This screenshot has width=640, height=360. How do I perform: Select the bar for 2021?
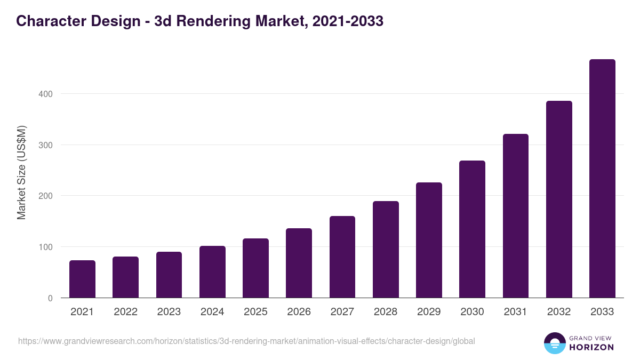pos(82,279)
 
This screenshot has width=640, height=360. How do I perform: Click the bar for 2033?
pos(602,179)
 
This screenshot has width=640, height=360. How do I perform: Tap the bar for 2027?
pos(342,257)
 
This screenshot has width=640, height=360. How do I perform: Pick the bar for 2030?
pos(472,229)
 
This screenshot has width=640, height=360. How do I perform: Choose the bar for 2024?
pos(212,271)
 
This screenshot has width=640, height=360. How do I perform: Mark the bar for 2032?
pos(559,199)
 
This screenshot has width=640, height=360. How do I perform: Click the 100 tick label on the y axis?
pos(45,247)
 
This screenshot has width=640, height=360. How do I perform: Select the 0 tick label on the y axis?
pos(50,298)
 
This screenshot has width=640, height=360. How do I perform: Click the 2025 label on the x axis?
pos(255,312)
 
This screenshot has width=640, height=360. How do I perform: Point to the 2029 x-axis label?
pos(429,312)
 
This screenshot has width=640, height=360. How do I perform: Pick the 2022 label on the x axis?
pos(125,312)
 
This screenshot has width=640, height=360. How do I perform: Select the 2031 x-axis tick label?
pos(516,312)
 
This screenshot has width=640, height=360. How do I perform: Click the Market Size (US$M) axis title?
pos(21,172)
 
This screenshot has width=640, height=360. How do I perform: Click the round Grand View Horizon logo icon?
pos(554,343)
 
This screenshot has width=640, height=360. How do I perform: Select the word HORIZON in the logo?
pos(591,347)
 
